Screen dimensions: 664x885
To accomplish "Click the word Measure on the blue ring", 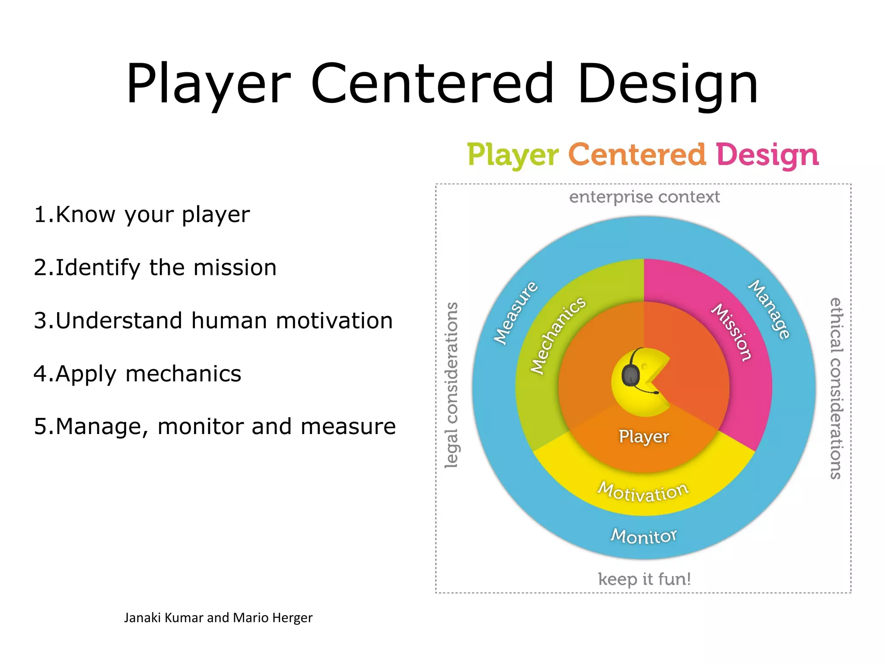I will [516, 313].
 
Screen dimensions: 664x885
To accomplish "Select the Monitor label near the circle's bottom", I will [643, 536].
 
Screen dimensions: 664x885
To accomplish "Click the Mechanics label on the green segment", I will [558, 335].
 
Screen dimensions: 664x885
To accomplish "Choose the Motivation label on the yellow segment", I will [643, 492].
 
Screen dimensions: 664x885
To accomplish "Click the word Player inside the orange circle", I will [643, 436].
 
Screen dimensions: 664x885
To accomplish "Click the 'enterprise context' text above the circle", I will [644, 197].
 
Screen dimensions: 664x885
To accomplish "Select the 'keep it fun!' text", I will [644, 579].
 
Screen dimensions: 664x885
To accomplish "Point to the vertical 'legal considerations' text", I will [451, 385].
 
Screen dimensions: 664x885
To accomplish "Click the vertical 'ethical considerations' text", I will [836, 388].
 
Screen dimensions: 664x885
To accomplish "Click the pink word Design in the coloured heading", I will [767, 155].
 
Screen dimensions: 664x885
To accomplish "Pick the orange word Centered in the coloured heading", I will [637, 155].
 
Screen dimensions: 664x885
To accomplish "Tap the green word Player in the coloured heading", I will [513, 155].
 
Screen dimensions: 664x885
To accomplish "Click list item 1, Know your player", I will [142, 214].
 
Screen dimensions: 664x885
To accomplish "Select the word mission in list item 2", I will [235, 268].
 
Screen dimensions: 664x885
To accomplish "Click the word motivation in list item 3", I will [334, 321].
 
